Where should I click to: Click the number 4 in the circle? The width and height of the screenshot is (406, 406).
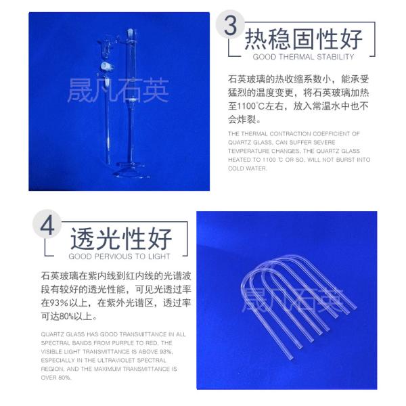48,226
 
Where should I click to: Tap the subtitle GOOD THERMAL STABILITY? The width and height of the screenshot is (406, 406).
302,58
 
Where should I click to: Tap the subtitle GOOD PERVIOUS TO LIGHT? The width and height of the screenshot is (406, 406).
119,257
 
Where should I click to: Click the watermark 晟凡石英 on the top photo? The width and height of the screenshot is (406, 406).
118,91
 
